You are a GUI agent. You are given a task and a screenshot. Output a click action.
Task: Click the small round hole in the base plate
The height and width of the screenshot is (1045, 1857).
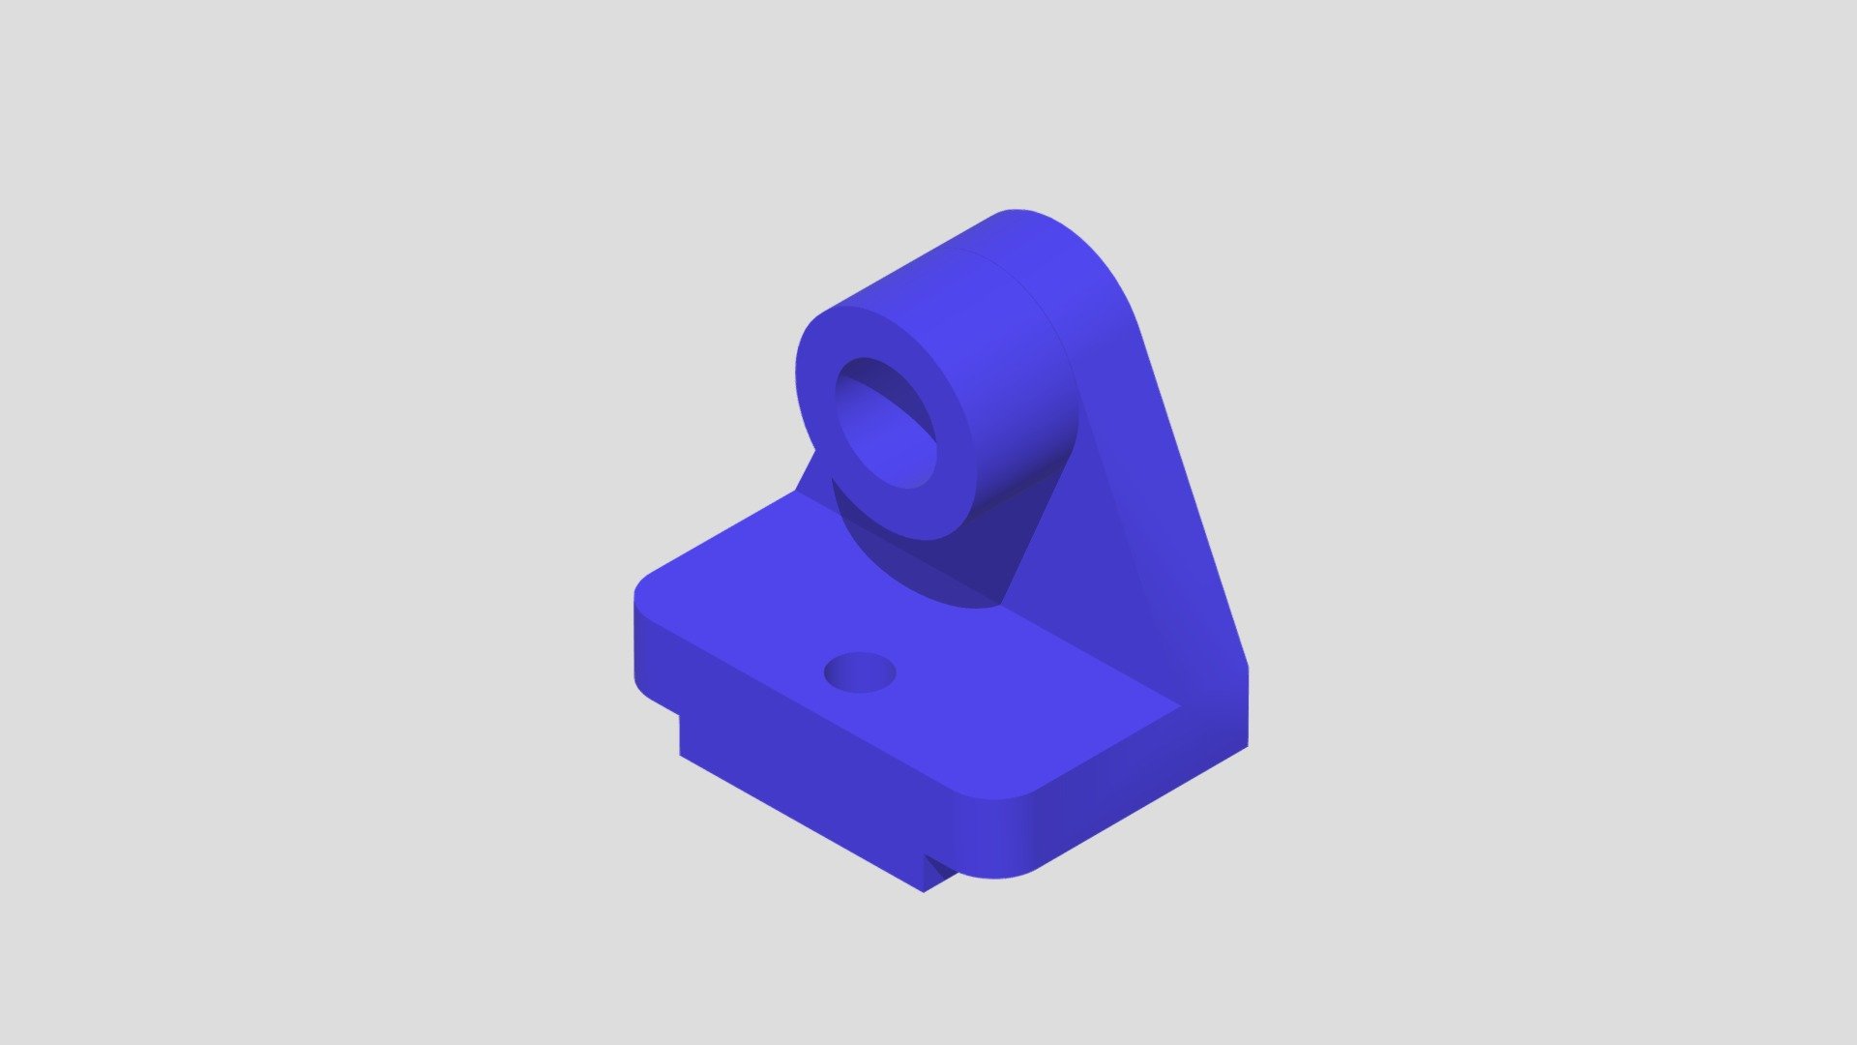[859, 672]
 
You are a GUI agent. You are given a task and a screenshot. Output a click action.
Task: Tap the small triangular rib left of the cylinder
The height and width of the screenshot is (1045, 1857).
[812, 474]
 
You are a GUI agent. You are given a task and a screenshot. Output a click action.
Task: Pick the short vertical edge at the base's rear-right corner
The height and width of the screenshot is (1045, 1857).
[1247, 706]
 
